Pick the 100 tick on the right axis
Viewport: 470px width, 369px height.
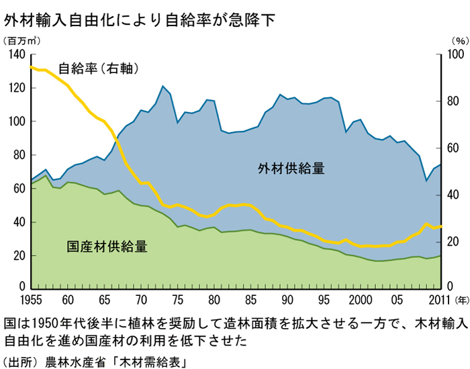pyautogui.click(x=455, y=55)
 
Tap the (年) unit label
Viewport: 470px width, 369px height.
pyautogui.click(x=462, y=301)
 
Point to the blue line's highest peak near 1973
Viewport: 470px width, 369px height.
pyautogui.click(x=162, y=86)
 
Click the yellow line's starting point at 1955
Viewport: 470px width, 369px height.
pyautogui.click(x=32, y=67)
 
